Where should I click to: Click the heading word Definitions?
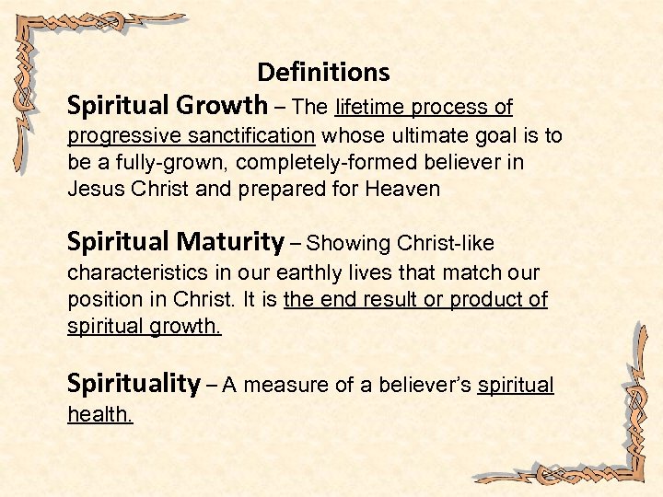tap(323, 72)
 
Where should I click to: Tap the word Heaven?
tap(403, 191)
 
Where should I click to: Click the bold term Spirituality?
tap(134, 384)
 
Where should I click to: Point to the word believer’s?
tap(419, 386)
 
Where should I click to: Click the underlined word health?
tap(99, 415)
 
